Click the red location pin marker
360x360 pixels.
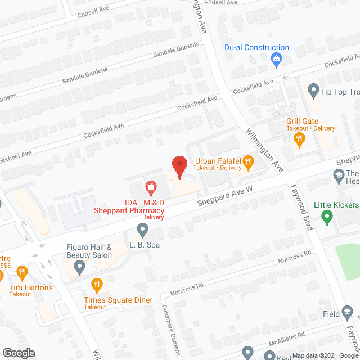point(179,166)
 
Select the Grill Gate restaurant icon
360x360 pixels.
point(300,138)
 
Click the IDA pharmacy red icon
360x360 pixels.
point(150,186)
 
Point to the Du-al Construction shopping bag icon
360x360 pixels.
point(276,58)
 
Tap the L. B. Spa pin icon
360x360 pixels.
point(143,229)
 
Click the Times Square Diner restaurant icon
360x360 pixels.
point(97,284)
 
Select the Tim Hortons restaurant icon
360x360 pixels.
point(22,273)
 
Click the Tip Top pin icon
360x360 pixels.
point(313,89)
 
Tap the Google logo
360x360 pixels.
point(18,353)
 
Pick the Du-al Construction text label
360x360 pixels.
point(256,48)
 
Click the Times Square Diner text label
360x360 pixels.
point(119,300)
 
